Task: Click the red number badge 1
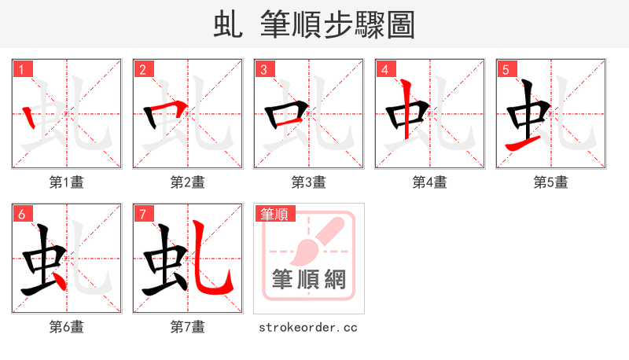(x=21, y=69)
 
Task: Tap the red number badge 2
(x=142, y=69)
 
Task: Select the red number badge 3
(x=263, y=69)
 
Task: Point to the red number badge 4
(x=384, y=69)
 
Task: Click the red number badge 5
(x=506, y=69)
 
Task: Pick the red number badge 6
(x=21, y=214)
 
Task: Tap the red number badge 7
(x=142, y=214)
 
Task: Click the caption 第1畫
(x=66, y=182)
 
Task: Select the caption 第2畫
(x=187, y=182)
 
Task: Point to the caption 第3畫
(x=308, y=182)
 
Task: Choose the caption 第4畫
(x=429, y=182)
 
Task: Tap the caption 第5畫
(x=550, y=182)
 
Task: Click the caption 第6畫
(x=66, y=327)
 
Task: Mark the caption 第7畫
(x=187, y=327)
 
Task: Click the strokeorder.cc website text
(x=308, y=327)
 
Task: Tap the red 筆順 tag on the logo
(x=274, y=214)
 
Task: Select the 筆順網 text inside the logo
(x=308, y=279)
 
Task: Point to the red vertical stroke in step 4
(x=406, y=110)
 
